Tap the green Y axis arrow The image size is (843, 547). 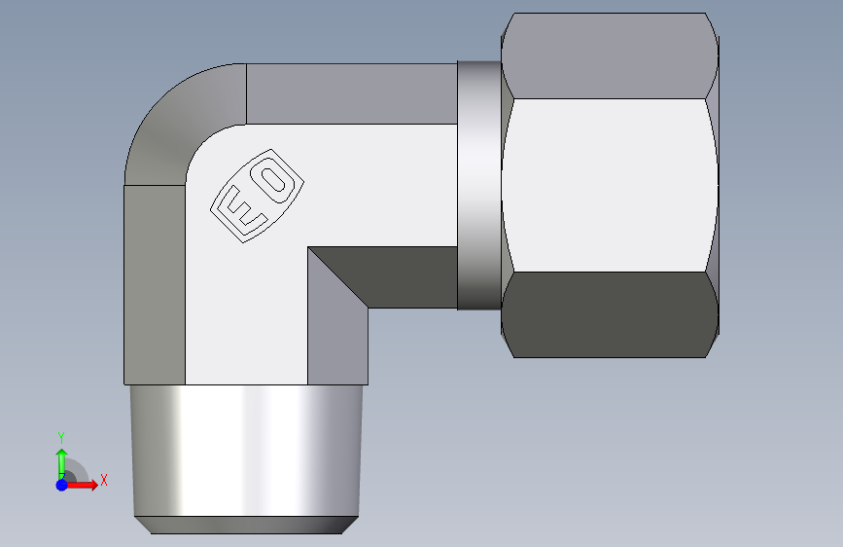[x=62, y=464]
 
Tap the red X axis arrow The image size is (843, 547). [x=82, y=485]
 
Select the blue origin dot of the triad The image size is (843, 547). [x=62, y=485]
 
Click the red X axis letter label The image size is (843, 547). [x=104, y=480]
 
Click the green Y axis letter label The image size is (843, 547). [x=61, y=438]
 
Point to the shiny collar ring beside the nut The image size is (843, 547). [x=479, y=185]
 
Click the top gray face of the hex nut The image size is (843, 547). [x=610, y=56]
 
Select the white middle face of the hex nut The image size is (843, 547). [x=610, y=185]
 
